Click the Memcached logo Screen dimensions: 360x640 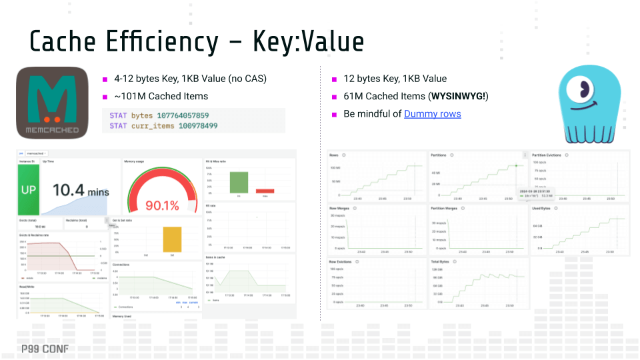(x=52, y=103)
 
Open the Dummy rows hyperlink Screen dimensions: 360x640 (x=432, y=113)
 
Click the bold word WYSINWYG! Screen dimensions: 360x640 (x=459, y=96)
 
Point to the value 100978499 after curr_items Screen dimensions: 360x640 (x=197, y=125)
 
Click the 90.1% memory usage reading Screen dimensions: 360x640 (x=162, y=205)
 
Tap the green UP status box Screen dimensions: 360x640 (x=28, y=190)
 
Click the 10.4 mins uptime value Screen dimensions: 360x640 (x=80, y=191)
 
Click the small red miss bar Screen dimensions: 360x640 (x=265, y=191)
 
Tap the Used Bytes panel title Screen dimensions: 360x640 (x=541, y=209)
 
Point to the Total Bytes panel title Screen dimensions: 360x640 (x=440, y=262)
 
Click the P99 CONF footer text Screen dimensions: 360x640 (x=44, y=349)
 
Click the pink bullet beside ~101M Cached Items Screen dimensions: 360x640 (x=105, y=97)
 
